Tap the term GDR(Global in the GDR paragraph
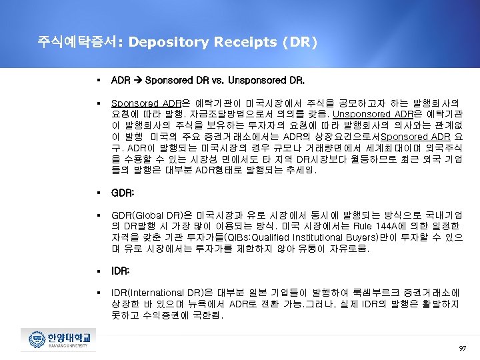pos(135,215)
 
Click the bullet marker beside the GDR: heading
pos(97,193)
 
